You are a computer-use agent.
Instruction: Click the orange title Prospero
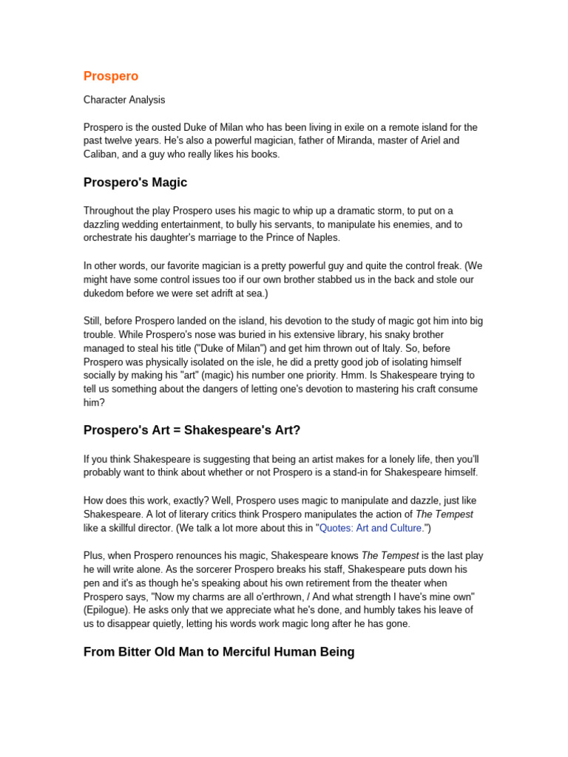pyautogui.click(x=111, y=76)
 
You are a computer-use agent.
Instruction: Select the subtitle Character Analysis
pyautogui.click(x=124, y=100)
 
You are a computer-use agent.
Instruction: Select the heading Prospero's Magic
pyautogui.click(x=135, y=183)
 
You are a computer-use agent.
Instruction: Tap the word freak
pyautogui.click(x=442, y=265)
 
